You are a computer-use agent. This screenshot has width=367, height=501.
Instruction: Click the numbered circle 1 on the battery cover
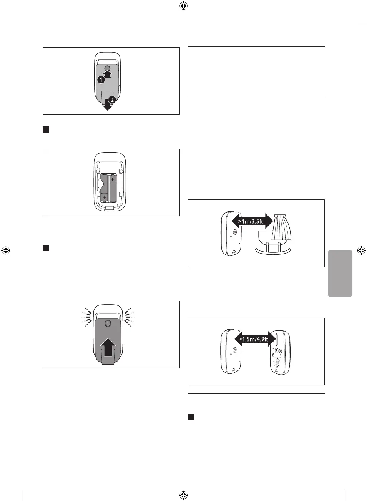tap(101, 80)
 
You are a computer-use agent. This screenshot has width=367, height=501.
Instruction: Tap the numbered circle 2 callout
tap(112, 100)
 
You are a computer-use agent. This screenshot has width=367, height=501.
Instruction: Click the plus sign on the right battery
tap(112, 179)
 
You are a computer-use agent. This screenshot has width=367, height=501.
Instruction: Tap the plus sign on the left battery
tap(104, 197)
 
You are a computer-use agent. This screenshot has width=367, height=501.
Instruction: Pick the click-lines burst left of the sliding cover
tap(87, 317)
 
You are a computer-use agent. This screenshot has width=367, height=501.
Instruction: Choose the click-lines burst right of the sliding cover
tap(129, 317)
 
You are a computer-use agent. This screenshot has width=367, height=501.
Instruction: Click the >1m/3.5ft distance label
tap(251, 221)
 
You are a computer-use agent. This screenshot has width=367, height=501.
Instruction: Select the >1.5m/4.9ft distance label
tap(253, 339)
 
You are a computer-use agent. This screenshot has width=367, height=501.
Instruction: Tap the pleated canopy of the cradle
tap(281, 229)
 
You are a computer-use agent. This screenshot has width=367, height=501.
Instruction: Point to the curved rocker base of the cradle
tap(273, 252)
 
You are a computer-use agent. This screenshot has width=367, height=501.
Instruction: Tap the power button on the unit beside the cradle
tap(235, 232)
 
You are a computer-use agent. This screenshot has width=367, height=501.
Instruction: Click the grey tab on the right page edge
tap(340, 273)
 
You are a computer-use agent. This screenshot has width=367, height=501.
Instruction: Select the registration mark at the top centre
tap(183, 6)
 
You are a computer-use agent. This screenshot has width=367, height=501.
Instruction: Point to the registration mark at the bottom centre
tap(183, 495)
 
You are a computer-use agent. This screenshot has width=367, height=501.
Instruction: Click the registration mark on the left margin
tap(6, 250)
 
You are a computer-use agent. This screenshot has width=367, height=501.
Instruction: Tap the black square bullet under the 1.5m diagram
tap(191, 417)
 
